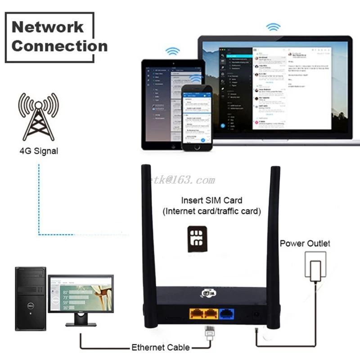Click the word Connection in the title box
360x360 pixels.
click(x=59, y=46)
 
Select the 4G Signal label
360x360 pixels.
click(x=38, y=151)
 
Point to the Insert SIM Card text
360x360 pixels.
click(x=211, y=200)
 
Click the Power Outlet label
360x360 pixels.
click(x=305, y=243)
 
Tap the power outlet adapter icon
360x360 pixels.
click(x=316, y=265)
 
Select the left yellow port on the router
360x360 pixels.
click(x=197, y=314)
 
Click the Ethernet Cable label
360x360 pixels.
click(x=160, y=347)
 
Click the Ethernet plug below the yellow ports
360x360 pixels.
click(x=209, y=332)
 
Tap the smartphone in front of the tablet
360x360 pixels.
click(x=196, y=117)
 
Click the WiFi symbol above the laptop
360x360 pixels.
click(x=273, y=27)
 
